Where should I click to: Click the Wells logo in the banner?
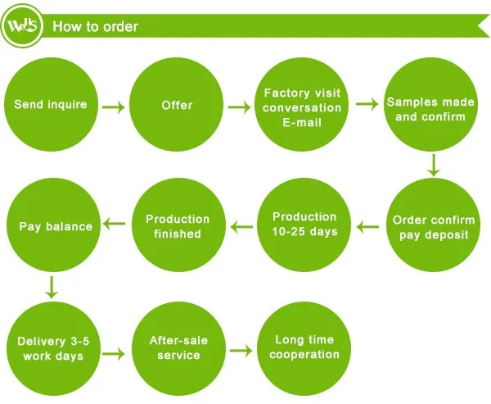[x=22, y=25]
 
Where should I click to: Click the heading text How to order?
[x=95, y=26]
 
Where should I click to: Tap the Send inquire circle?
[x=51, y=104]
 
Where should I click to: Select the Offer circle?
[x=177, y=104]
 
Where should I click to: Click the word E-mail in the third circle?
[x=302, y=122]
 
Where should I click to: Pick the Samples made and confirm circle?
[x=431, y=104]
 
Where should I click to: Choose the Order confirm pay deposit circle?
[x=434, y=225]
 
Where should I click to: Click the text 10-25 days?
[x=304, y=231]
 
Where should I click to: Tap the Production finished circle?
[x=178, y=225]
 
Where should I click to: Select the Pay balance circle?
[x=53, y=225]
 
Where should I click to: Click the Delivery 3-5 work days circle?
[x=53, y=349]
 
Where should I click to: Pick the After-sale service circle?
[x=178, y=349]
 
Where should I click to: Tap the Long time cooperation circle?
[x=304, y=349]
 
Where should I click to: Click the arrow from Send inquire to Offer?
[x=114, y=107]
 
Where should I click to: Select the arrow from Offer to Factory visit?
[x=240, y=107]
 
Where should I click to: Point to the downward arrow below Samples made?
[x=434, y=165]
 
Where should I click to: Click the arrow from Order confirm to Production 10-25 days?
[x=367, y=226]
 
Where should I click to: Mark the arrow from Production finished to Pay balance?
[x=115, y=224]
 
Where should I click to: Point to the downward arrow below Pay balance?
[x=52, y=287]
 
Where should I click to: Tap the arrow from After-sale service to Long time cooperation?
[x=241, y=351]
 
